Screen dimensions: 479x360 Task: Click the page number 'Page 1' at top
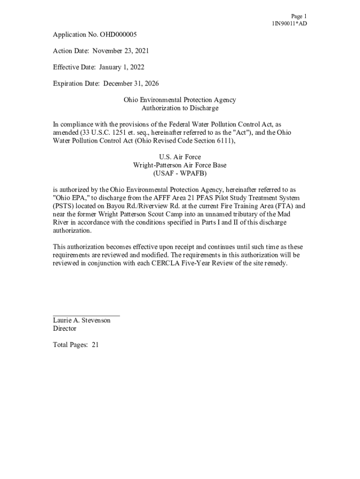(298, 16)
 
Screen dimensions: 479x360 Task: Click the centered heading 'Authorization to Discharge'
(180, 108)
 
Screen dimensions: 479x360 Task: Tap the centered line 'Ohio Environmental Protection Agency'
(180, 100)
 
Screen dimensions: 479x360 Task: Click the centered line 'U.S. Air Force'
(180, 157)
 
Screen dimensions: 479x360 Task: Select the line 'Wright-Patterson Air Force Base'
(180, 165)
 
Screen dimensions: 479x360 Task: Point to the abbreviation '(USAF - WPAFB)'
(180, 174)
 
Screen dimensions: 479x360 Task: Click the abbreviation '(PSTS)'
(63, 206)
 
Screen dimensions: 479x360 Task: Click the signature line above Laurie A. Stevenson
(86, 316)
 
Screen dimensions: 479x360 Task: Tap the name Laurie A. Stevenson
(82, 321)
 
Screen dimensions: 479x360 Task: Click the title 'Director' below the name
(65, 329)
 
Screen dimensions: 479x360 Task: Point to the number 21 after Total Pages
(95, 345)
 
